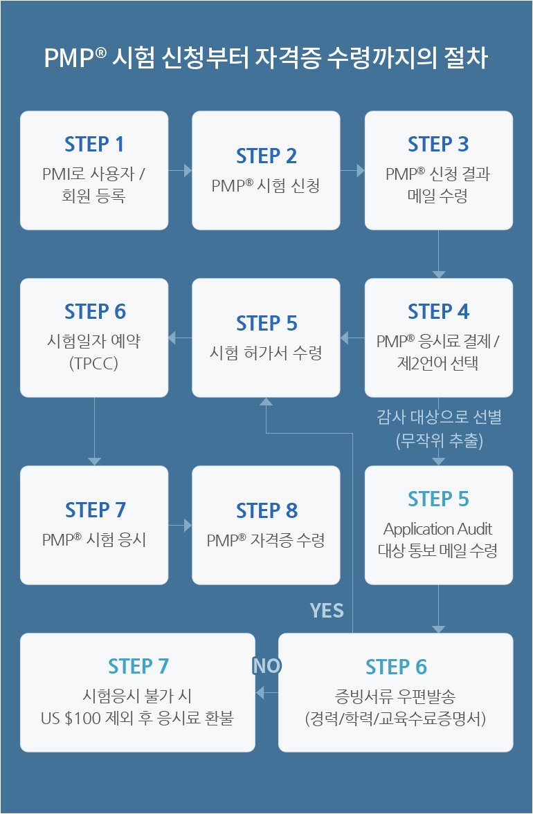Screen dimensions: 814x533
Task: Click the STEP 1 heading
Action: point(94,145)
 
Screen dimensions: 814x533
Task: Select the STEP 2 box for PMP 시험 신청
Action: point(266,170)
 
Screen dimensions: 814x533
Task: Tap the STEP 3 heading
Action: point(438,145)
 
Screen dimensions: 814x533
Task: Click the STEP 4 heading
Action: point(438,312)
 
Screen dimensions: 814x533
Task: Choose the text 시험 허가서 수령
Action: point(266,353)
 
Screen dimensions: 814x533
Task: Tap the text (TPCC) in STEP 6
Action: point(94,362)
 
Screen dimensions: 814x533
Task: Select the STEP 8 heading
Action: point(266,511)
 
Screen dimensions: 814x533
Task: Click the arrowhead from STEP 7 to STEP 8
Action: point(188,526)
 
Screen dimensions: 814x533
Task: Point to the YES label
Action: point(327,610)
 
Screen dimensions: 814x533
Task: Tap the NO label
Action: point(266,665)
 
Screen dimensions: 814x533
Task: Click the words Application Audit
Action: point(438,529)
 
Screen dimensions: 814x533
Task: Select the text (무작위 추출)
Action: point(438,441)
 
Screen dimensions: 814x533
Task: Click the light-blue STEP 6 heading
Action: point(396,667)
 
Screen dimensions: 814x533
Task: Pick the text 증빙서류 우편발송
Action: point(396,695)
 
